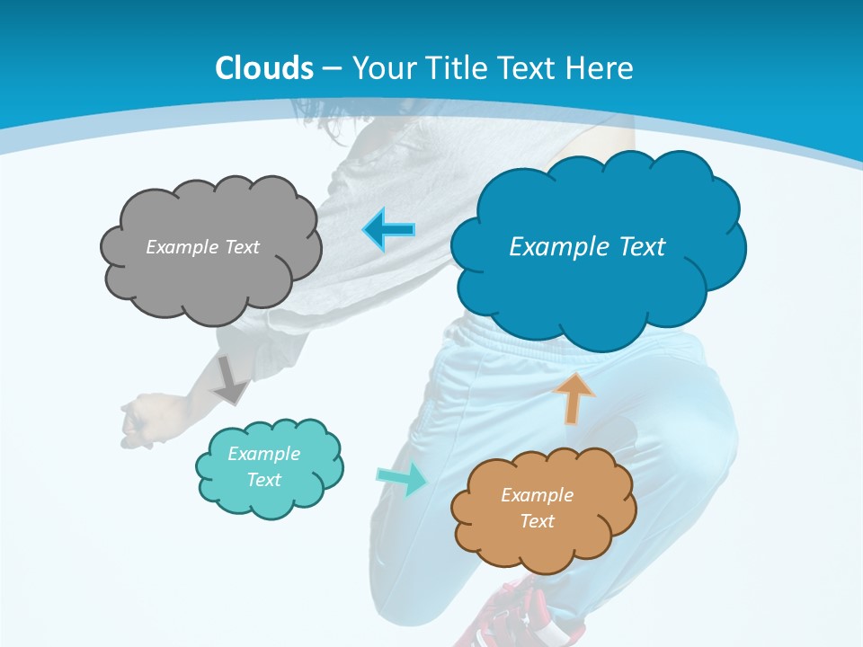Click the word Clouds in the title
point(264,67)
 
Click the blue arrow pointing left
point(388,230)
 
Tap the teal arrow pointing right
point(402,478)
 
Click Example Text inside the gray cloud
point(202,247)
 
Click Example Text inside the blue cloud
point(587,246)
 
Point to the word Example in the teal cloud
point(263,454)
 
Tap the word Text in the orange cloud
point(537,521)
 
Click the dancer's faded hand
point(142,418)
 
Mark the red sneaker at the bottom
point(512,616)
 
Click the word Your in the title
point(378,67)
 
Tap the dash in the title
point(331,68)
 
